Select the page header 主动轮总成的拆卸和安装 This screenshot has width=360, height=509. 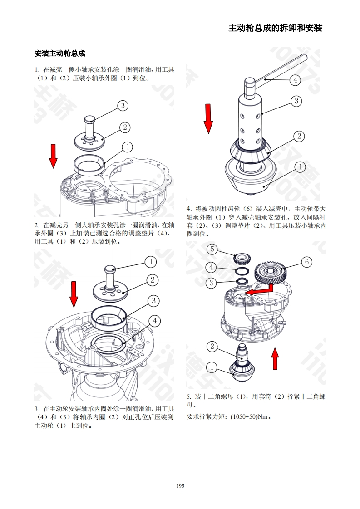275,28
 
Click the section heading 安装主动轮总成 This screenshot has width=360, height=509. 60,54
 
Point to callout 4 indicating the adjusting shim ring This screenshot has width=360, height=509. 154,321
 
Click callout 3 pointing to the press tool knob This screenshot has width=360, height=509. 123,106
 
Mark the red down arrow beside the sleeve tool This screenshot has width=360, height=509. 208,118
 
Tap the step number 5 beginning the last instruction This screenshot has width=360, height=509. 189,396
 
